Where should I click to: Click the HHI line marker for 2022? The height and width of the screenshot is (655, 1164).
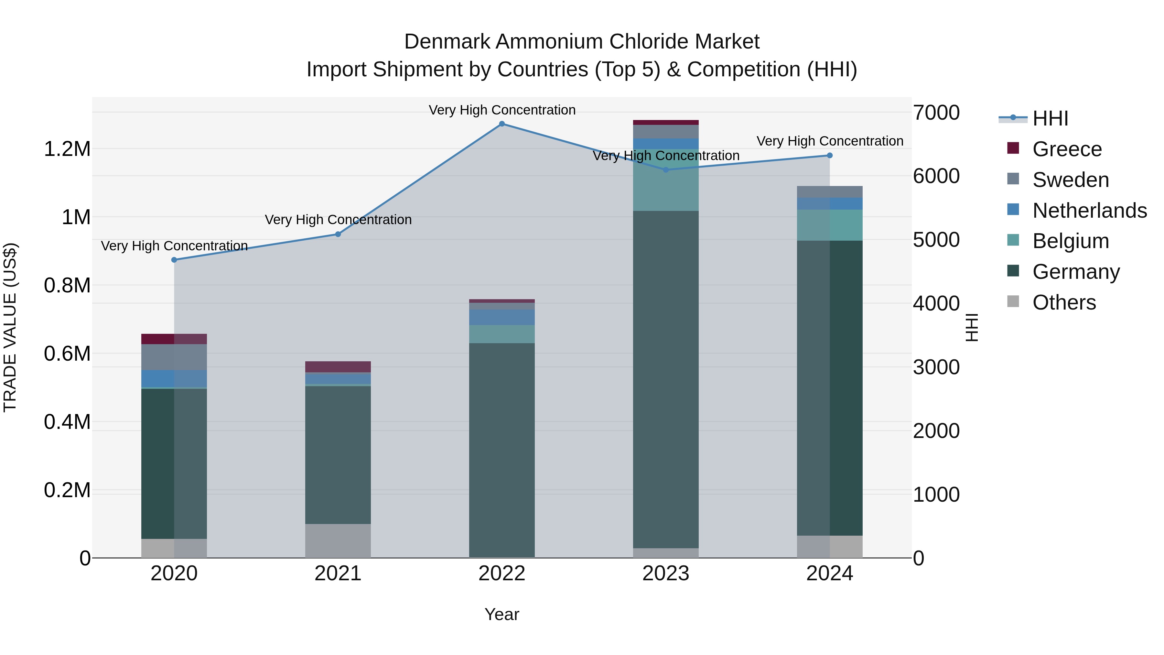click(501, 124)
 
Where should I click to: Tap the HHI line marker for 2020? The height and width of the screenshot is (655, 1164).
click(174, 260)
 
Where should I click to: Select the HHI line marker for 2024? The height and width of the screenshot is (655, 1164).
click(830, 156)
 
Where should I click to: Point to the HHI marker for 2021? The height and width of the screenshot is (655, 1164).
click(338, 234)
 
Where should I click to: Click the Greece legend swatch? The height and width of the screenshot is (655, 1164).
click(1013, 148)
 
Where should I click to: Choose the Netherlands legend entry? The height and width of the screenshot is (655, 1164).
click(1089, 211)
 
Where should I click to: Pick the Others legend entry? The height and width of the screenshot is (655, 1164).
click(1064, 302)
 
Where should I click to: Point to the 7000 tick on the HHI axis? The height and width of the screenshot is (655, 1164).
click(936, 113)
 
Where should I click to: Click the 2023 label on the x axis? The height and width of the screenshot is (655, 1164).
click(666, 573)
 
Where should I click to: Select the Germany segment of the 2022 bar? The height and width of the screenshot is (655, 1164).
click(501, 450)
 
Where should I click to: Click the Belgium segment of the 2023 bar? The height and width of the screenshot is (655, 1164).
click(666, 180)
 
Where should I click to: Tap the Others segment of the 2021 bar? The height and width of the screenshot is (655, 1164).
click(338, 540)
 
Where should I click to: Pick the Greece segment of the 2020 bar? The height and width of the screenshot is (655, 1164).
click(174, 339)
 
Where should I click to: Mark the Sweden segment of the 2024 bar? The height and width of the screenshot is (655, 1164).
click(830, 192)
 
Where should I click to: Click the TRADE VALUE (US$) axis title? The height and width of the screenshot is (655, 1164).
click(10, 327)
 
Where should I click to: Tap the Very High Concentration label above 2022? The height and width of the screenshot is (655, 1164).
click(501, 110)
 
